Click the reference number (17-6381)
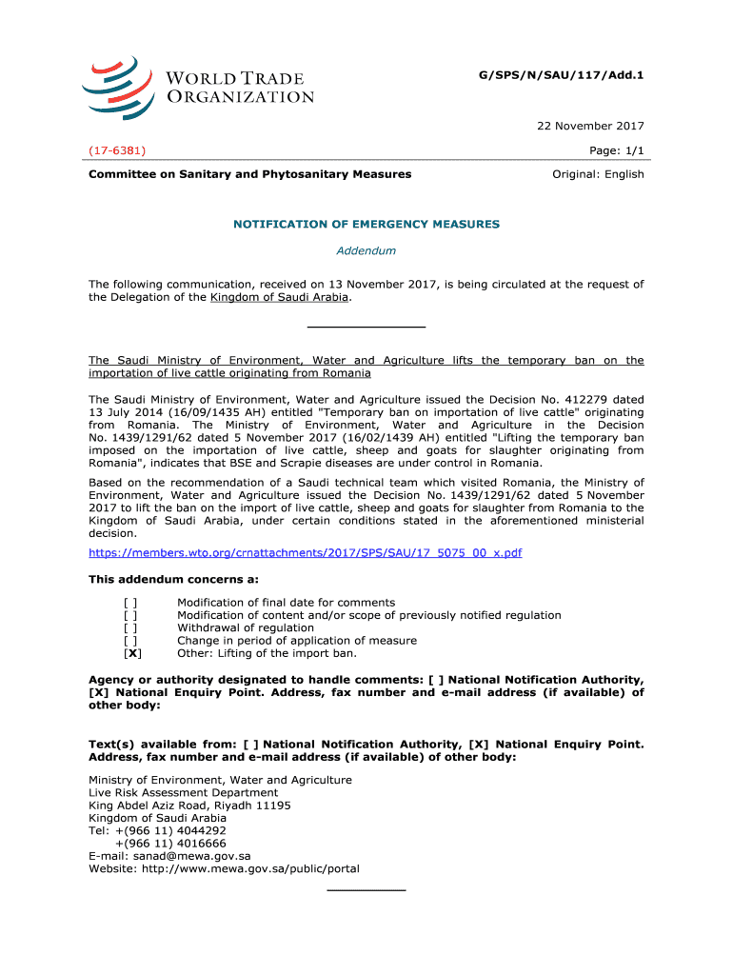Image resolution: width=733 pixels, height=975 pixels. pos(117,150)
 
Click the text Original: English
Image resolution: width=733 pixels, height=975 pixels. pos(599,174)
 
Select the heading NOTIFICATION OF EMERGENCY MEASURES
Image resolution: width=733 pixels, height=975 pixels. pos(366,224)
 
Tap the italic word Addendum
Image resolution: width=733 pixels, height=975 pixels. pos(366,251)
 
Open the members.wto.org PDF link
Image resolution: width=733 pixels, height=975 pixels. pos(305,552)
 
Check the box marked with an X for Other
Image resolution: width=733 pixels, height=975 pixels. pos(133,653)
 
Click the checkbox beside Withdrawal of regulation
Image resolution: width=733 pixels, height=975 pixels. pos(130,627)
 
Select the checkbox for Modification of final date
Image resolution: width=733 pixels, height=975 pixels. pos(130,603)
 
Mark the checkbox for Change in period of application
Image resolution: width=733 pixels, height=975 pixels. pos(130,641)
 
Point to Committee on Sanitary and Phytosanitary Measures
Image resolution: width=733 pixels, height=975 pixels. pos(250,174)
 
